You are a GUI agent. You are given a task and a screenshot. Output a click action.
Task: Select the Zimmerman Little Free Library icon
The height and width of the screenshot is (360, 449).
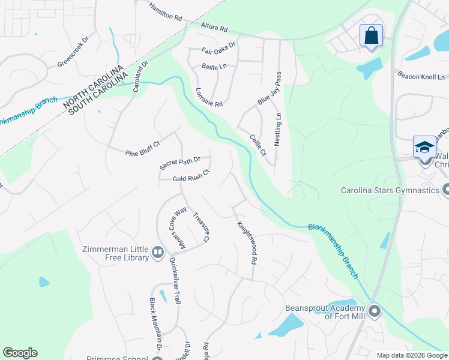coord(158,253)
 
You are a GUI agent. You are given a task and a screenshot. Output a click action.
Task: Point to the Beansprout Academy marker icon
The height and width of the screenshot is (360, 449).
coord(375,311)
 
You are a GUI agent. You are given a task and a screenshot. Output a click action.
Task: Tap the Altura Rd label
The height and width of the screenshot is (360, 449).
coord(214,27)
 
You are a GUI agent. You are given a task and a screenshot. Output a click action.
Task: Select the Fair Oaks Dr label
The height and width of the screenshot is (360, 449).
coord(218,47)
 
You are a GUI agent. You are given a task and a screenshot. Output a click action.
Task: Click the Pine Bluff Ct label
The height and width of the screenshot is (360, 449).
coord(143,148)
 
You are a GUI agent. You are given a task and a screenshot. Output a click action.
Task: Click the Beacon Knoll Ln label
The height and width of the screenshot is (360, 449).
coord(421,76)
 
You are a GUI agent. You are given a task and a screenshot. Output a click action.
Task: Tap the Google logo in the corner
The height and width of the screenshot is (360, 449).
coord(20,353)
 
